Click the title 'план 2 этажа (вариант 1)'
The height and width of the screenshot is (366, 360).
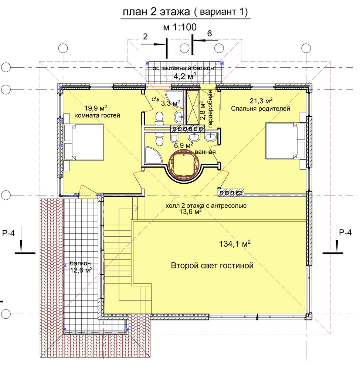click(x=185, y=12)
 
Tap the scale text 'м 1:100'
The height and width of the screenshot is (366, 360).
click(x=180, y=27)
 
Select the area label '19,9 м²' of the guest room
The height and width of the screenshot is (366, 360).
click(x=96, y=108)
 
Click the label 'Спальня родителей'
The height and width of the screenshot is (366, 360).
click(x=260, y=109)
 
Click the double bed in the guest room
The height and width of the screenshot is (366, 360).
click(x=84, y=142)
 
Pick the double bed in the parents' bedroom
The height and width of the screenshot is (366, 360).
click(x=286, y=141)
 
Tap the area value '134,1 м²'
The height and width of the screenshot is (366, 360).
click(x=235, y=244)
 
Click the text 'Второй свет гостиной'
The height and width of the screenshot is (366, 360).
click(x=212, y=266)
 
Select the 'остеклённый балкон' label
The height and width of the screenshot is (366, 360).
click(x=183, y=68)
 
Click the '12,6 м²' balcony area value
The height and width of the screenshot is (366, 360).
click(x=81, y=270)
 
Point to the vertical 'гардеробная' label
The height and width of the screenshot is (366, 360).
click(x=210, y=109)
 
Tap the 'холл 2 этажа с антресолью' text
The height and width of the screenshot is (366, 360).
click(x=206, y=206)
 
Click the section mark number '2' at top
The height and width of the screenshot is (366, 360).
click(x=145, y=37)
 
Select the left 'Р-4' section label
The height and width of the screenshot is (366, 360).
click(x=9, y=233)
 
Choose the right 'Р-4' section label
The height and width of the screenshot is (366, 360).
click(x=345, y=233)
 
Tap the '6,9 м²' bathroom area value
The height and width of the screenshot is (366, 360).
click(x=184, y=145)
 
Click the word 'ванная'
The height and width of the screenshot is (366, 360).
click(x=205, y=152)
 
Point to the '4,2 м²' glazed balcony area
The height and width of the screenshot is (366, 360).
click(x=184, y=76)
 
